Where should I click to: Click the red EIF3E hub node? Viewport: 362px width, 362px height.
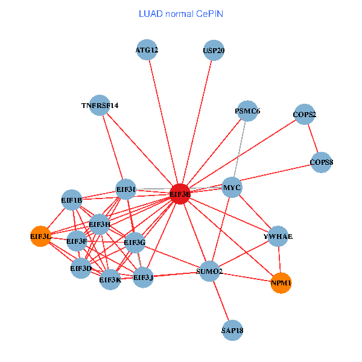click(180, 194)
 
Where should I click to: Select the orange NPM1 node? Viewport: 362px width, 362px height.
click(281, 282)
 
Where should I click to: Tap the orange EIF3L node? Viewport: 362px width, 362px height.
click(40, 236)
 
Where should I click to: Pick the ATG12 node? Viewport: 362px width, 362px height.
click(147, 50)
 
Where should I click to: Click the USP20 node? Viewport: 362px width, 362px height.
click(214, 50)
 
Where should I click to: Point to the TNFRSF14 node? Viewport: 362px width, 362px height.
click(100, 106)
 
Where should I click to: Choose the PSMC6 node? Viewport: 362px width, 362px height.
click(247, 111)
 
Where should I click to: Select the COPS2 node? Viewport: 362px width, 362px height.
click(305, 114)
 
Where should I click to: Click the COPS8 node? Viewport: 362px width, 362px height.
click(322, 162)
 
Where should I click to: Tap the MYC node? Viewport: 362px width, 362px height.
click(232, 188)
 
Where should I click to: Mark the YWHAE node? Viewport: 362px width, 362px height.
click(278, 237)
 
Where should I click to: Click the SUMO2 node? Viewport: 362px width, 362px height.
click(209, 271)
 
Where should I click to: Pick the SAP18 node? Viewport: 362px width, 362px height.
click(232, 330)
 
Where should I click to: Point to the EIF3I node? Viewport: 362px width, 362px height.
click(126, 189)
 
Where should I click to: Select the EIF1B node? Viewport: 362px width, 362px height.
click(72, 200)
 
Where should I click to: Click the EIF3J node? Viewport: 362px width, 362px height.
click(143, 277)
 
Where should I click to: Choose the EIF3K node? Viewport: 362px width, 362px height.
click(110, 279)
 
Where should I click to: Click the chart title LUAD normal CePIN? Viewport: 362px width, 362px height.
click(181, 13)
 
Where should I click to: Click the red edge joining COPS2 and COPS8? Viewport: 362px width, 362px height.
click(313, 138)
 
